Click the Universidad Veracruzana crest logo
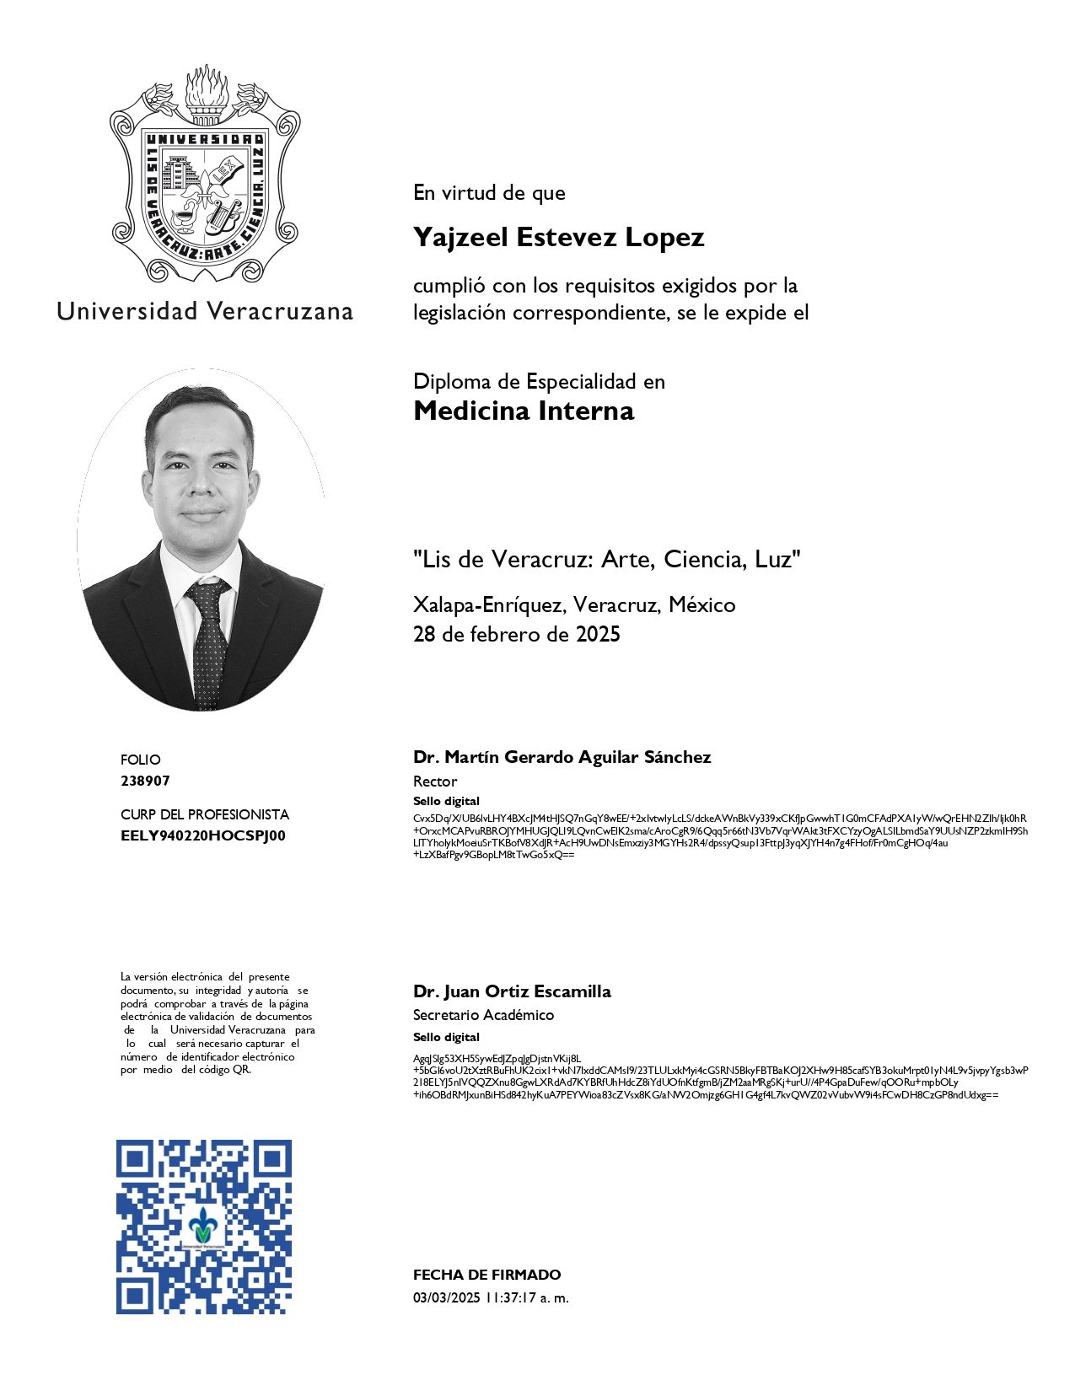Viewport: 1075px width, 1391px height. point(205,175)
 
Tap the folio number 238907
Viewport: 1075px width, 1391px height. point(145,781)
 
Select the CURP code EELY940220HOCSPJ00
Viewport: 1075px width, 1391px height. point(203,836)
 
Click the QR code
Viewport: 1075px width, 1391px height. point(204,1227)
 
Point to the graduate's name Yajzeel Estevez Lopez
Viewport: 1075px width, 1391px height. point(558,238)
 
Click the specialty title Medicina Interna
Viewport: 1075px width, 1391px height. point(524,411)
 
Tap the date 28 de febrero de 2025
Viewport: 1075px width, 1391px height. point(516,634)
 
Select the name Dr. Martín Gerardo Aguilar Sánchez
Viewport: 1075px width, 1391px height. point(562,757)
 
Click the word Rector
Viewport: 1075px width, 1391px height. point(435,781)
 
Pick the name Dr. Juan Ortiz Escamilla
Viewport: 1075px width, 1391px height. point(512,991)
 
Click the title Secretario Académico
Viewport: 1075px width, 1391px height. point(483,1015)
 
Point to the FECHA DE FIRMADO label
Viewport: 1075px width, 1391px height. point(486,1275)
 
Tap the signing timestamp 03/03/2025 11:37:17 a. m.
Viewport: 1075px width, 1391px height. point(491,1298)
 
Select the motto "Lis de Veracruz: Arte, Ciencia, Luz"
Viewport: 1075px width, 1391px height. point(606,559)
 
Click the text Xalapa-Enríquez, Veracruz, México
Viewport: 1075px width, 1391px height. point(573,605)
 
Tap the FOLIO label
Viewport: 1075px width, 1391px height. point(140,760)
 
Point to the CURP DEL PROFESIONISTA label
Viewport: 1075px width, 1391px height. point(204,814)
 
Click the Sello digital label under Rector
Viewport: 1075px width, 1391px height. point(446,801)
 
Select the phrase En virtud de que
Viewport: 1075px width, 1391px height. point(489,193)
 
